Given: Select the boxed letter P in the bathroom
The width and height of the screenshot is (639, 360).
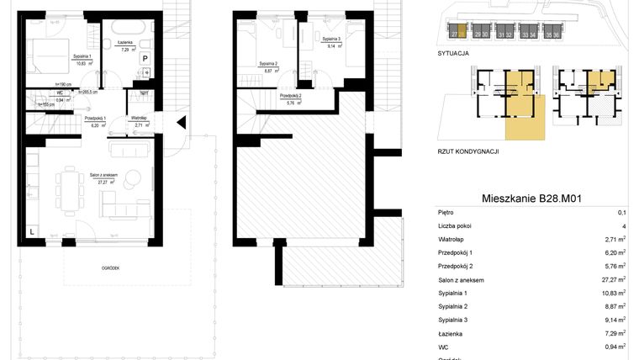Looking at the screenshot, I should click(x=145, y=58).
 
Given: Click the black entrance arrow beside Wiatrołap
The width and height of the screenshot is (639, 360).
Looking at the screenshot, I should click(x=180, y=122).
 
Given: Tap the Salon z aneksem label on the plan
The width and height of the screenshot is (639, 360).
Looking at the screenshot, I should click(x=103, y=177).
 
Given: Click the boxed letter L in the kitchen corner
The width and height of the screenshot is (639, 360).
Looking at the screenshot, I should click(x=31, y=230).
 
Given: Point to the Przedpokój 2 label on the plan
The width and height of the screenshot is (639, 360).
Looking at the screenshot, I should click(x=292, y=98).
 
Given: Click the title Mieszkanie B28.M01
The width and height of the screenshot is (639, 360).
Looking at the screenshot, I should click(x=532, y=199).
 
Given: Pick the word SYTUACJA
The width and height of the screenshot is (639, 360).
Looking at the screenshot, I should click(x=453, y=53).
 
